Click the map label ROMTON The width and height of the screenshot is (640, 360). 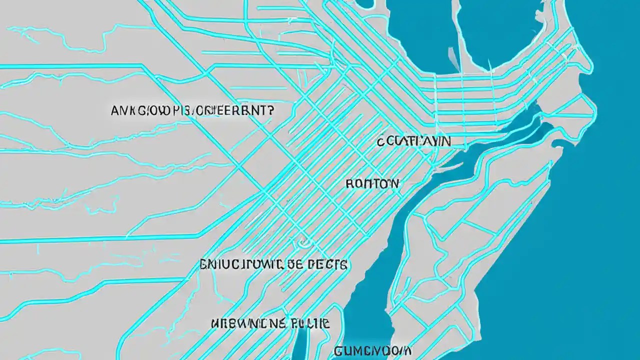(x=372, y=183)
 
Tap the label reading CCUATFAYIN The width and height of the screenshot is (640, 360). (x=414, y=141)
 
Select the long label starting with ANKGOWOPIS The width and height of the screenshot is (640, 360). (x=192, y=111)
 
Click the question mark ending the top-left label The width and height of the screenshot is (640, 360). (x=270, y=111)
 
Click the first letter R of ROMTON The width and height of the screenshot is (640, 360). (x=349, y=183)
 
